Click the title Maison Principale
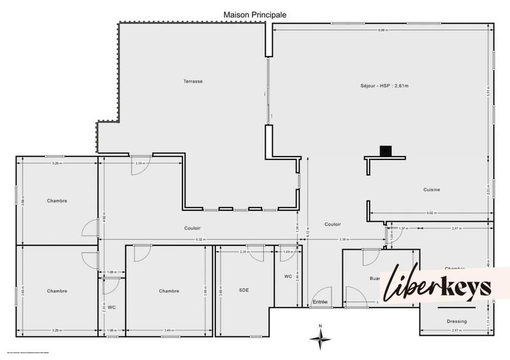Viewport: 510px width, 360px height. pos(254,14)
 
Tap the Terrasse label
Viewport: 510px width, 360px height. pos(193,82)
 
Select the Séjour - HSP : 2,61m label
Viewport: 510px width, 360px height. pos(384,85)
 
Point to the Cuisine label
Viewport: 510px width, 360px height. pos(432,190)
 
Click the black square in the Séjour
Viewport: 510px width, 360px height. pos(385,151)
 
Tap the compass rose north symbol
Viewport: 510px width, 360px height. pos(321,338)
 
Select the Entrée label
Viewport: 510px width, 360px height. pos(320,302)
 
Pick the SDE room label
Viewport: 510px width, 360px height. pos(244,291)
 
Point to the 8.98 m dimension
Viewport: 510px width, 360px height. pos(382,30)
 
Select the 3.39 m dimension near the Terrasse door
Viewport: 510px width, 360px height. pos(140,164)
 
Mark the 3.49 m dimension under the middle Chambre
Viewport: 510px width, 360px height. pos(168,330)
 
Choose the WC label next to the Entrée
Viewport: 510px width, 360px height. pos(288,277)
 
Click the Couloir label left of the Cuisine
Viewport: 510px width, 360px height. pos(332,224)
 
